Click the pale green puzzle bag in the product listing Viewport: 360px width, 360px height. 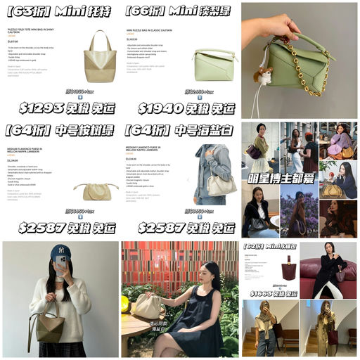point(214,65)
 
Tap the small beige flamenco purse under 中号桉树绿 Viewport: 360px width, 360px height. point(96,191)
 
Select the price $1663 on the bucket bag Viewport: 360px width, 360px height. point(264,292)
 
